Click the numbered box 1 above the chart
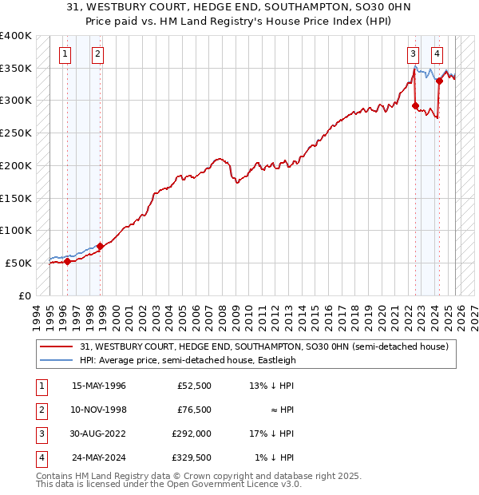click(x=64, y=54)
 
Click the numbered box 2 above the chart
click(x=97, y=54)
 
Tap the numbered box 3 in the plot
click(x=413, y=54)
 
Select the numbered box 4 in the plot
click(x=437, y=54)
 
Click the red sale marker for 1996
click(x=68, y=261)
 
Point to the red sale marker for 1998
click(x=101, y=246)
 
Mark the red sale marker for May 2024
click(x=439, y=81)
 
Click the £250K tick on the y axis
click(x=15, y=133)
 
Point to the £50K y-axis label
click(x=18, y=263)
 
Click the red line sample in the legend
click(x=57, y=346)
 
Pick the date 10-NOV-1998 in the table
click(x=100, y=410)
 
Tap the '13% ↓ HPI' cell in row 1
click(x=271, y=386)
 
